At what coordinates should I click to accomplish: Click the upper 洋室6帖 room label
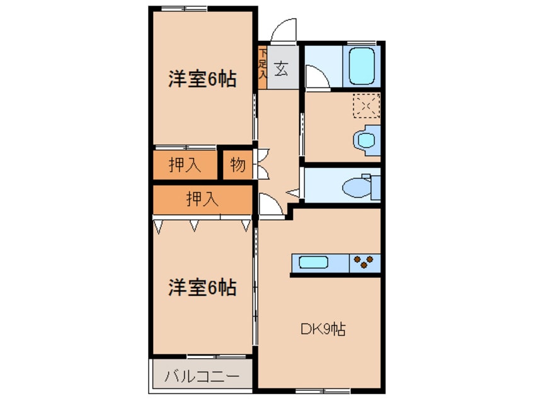pyautogui.click(x=202, y=80)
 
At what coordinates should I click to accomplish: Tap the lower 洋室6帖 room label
pyautogui.click(x=202, y=288)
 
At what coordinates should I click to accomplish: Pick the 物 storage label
pyautogui.click(x=238, y=165)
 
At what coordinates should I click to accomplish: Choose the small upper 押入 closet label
pyautogui.click(x=185, y=165)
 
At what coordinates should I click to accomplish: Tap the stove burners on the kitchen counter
pyautogui.click(x=365, y=261)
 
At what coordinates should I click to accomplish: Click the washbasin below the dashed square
pyautogui.click(x=365, y=138)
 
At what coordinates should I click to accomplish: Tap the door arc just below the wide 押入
pyautogui.click(x=270, y=206)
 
